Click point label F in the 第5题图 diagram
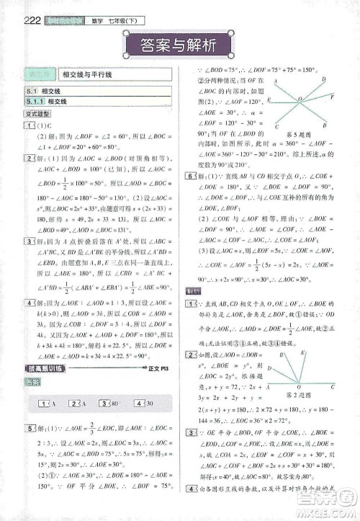click(x=332, y=95)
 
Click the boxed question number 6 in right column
click(x=190, y=175)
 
